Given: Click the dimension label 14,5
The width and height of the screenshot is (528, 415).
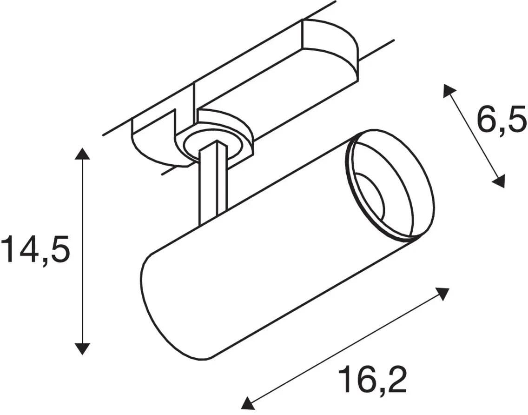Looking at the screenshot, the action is (36, 250).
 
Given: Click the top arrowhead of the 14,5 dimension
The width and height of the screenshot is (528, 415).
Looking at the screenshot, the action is (82, 154).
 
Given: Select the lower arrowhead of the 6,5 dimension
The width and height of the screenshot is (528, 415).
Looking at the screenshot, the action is (499, 180).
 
